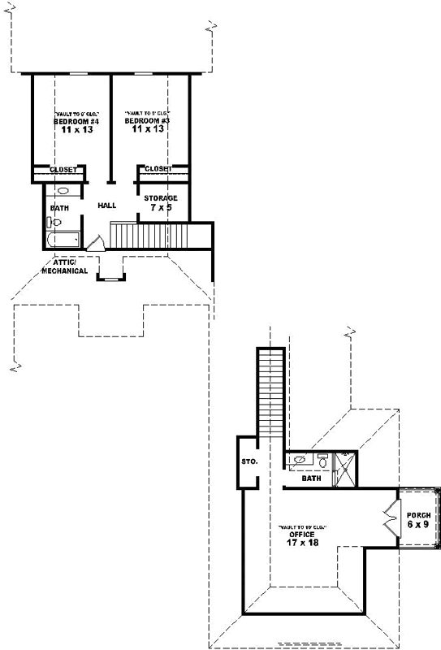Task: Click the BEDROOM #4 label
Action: coord(71,121)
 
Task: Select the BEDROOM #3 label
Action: coord(148,121)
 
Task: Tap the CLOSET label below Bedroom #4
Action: coord(63,170)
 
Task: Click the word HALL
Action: coord(107,206)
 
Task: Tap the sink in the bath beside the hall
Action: coord(63,191)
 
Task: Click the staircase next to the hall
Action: coord(149,236)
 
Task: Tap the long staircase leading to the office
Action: coord(270,394)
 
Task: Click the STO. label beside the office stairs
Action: coord(249,461)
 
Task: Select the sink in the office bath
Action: coord(300,460)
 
